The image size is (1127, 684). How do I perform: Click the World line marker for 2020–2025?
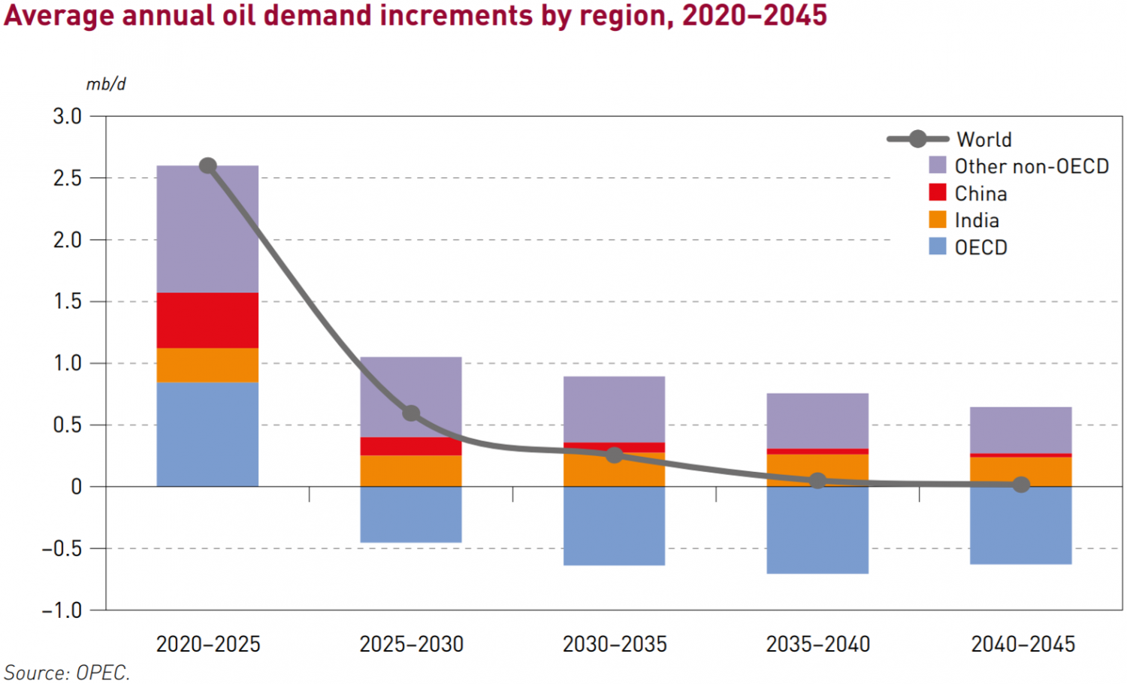point(208,165)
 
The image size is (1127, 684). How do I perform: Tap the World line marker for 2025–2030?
point(411,413)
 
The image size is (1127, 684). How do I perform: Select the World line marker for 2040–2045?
point(1020,485)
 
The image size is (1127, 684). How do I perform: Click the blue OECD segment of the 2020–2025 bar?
point(207,434)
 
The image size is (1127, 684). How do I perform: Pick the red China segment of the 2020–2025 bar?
point(207,320)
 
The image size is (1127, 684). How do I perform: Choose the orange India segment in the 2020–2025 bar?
point(207,365)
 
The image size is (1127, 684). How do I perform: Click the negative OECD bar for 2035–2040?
point(817,530)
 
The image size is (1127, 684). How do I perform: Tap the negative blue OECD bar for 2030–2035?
point(614,526)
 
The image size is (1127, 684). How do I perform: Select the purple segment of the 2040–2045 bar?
point(1020,430)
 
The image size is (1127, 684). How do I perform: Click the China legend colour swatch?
point(938,192)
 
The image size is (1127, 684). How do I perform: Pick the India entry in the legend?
point(976,220)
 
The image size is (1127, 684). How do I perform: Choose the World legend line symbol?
point(917,139)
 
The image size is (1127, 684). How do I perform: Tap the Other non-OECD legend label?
point(1032,166)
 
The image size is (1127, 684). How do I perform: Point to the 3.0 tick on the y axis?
point(67,117)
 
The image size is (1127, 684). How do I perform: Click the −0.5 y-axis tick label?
point(62,549)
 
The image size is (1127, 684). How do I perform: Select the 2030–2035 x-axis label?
point(615,644)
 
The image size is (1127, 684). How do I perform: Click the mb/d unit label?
point(106,84)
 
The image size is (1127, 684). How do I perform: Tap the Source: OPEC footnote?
point(67,672)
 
